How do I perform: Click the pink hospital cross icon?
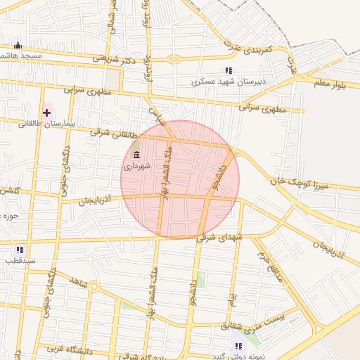point(47,112)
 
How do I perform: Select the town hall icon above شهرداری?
point(136,155)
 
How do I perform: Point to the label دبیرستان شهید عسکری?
point(229,82)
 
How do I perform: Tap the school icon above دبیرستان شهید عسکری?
point(229,70)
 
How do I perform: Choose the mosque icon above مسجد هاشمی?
point(18,46)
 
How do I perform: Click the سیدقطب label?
point(19,261)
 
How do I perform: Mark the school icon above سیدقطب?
point(20,249)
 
